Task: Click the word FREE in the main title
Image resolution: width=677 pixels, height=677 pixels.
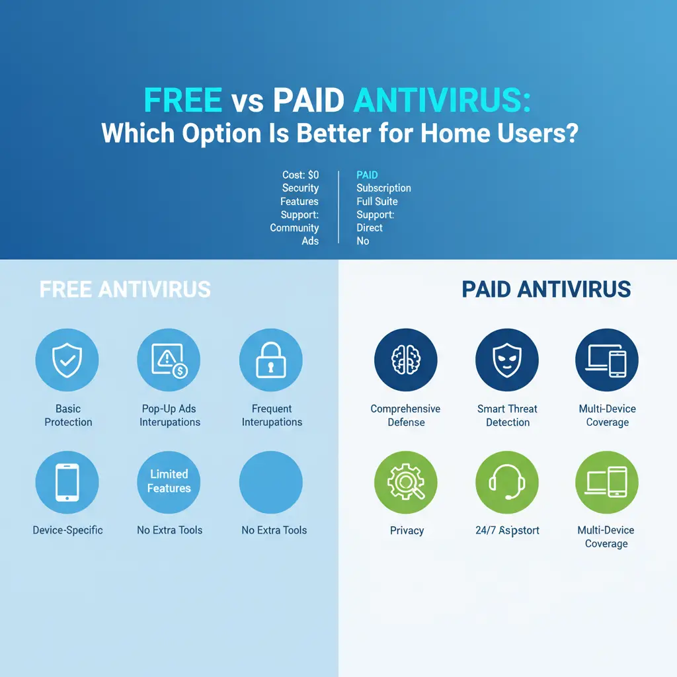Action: [x=183, y=101]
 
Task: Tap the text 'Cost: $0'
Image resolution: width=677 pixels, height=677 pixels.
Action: [x=300, y=175]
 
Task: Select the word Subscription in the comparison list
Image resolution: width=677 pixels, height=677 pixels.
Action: [x=383, y=188]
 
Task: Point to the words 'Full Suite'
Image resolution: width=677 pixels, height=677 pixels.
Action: [x=377, y=202]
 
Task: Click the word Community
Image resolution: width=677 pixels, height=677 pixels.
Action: [x=294, y=228]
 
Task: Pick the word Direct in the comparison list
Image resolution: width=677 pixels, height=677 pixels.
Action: [x=370, y=228]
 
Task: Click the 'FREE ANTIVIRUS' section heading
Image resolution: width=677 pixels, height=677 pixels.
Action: [x=125, y=289]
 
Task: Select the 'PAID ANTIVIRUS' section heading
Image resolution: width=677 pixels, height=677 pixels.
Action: [x=546, y=289]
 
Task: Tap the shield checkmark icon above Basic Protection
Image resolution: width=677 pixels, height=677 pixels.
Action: [x=67, y=361]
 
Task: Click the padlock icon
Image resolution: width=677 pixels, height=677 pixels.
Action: [x=271, y=361]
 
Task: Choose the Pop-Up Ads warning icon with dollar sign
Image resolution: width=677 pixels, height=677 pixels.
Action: [x=169, y=361]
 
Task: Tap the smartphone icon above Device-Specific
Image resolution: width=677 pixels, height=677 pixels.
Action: [x=67, y=482]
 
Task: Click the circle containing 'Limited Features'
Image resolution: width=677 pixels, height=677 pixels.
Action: [x=169, y=482]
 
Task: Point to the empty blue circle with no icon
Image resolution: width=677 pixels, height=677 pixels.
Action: [x=271, y=482]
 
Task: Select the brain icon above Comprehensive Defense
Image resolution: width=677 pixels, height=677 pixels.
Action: [x=405, y=361]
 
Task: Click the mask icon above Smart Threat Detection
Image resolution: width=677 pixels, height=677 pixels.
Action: [x=507, y=361]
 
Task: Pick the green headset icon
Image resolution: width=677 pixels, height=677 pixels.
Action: [x=507, y=482]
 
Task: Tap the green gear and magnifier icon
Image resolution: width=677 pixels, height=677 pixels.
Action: [x=405, y=482]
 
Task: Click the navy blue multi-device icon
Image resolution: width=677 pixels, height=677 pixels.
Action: [x=607, y=361]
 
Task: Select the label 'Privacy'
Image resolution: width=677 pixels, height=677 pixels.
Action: [x=407, y=530]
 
